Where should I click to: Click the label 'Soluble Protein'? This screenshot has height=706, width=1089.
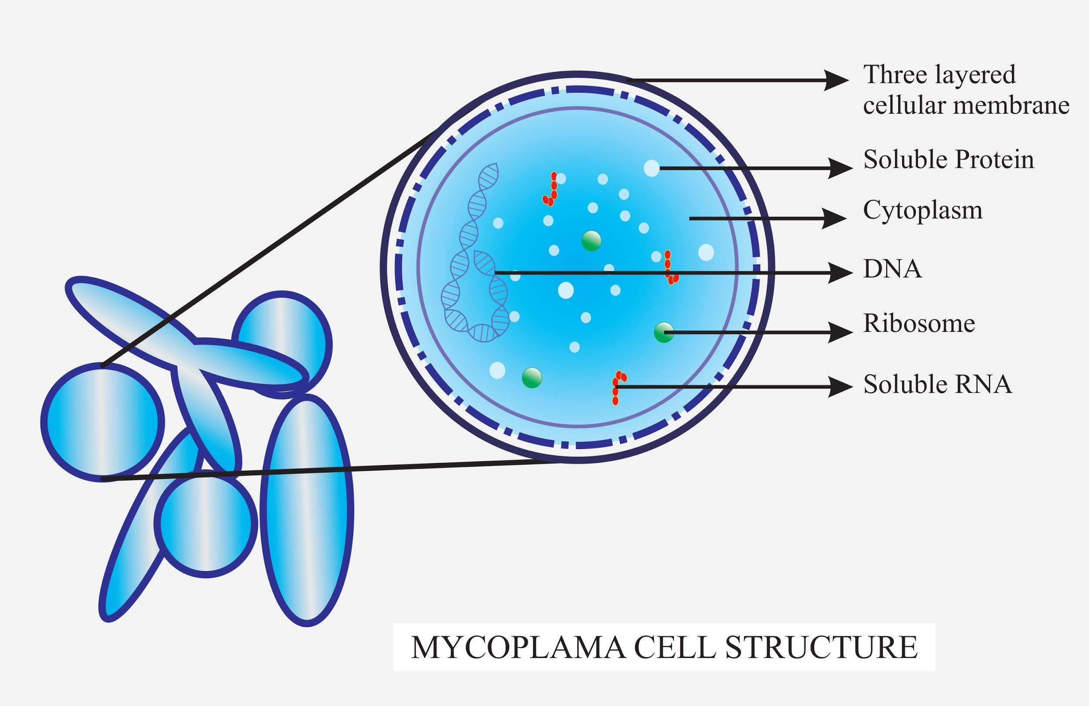pos(948,160)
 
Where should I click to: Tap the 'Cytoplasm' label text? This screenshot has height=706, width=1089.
pos(923,211)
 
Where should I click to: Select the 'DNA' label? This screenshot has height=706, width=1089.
pos(892,270)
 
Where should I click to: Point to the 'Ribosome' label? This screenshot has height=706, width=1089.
pos(919,324)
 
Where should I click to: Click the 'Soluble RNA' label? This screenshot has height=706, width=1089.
pos(937,384)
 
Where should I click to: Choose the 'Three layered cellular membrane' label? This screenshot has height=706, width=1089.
pos(965,90)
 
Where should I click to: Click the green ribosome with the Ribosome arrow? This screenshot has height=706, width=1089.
pos(663,332)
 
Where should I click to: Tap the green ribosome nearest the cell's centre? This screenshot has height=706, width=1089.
pos(591,241)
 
